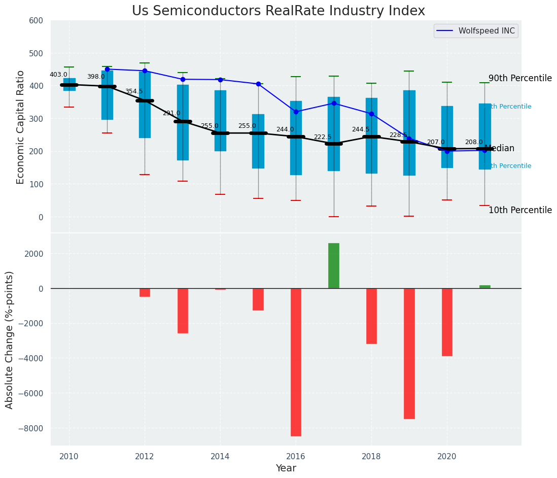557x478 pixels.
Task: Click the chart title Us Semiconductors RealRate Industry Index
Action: pos(278,11)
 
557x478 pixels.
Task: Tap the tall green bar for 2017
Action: pos(334,266)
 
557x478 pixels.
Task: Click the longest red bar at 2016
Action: pos(296,362)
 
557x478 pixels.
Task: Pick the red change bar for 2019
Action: pos(409,354)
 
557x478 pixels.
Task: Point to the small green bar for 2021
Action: pos(485,287)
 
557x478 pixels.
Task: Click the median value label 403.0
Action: pos(58,75)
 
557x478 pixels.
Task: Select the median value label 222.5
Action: pos(323,137)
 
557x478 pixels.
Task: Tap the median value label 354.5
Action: pos(134,91)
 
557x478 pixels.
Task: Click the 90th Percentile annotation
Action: pos(520,79)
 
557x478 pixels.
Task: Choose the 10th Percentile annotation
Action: pos(520,211)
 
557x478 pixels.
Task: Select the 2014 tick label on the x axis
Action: pos(220,457)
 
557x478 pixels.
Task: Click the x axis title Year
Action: pos(286,468)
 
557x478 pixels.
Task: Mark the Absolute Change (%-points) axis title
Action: pos(10,339)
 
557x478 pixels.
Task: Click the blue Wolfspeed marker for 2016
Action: pos(296,112)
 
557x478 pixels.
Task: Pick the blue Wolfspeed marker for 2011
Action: pos(107,69)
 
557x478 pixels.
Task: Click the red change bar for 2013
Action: pos(183,311)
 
